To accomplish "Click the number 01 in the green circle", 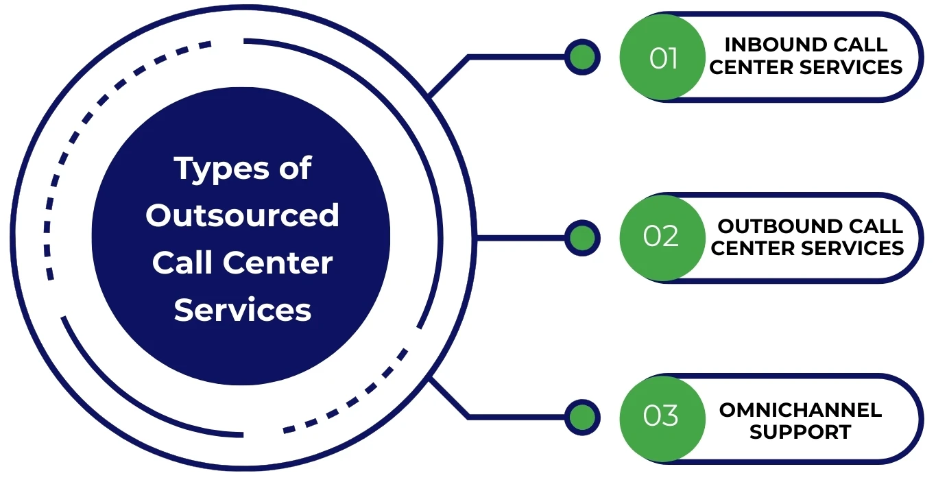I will (x=663, y=58).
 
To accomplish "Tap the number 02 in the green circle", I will (x=661, y=236).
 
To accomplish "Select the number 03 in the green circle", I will (x=661, y=416).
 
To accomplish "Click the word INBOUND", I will (x=768, y=45).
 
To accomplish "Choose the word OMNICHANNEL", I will (x=800, y=410).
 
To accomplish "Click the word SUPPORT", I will (x=800, y=433).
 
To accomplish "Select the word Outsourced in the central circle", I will (x=242, y=215).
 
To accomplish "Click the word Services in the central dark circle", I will (x=242, y=310).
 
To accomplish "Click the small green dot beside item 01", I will (x=582, y=58).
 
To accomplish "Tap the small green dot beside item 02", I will (x=582, y=238).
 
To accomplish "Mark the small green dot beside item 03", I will (x=582, y=417).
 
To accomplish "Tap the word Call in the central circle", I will (x=181, y=263).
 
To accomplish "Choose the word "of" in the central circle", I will (x=295, y=169).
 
